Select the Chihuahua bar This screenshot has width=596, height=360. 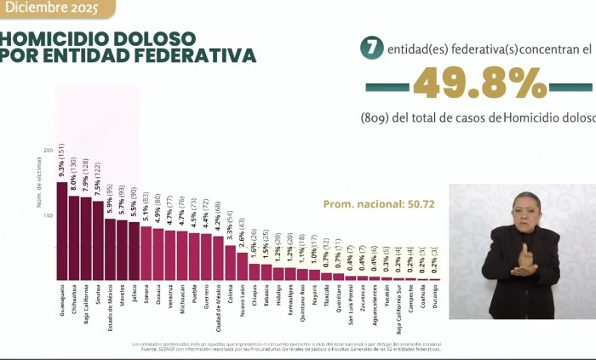tap(74, 238)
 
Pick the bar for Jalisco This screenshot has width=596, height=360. tap(134, 251)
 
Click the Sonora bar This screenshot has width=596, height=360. tap(146, 254)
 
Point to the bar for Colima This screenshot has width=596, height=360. tap(230, 263)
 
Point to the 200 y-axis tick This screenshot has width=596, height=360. tap(48, 150)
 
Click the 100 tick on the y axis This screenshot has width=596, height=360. tap(48, 215)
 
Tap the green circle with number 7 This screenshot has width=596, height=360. tap(370, 49)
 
